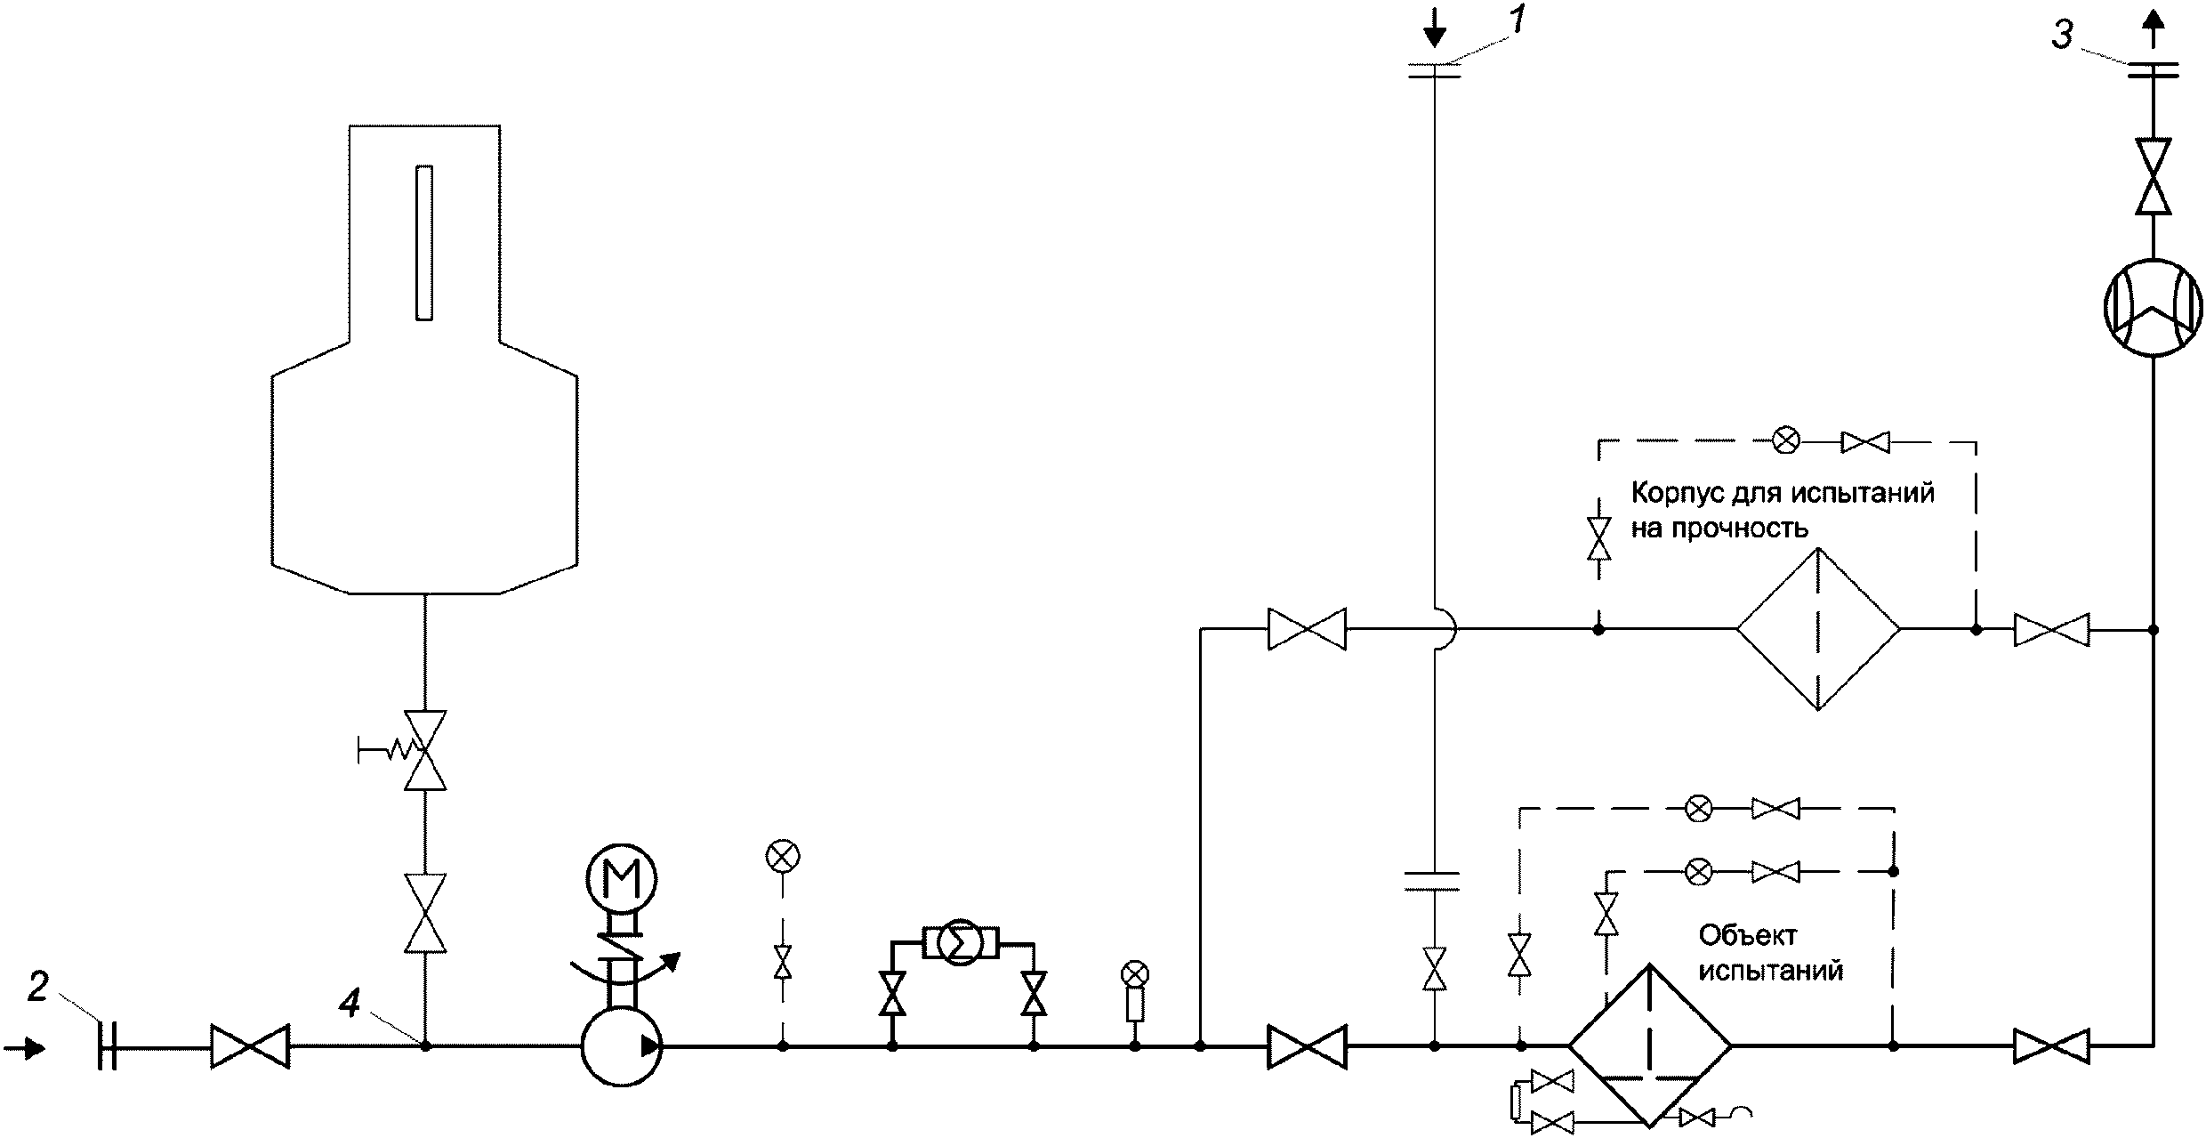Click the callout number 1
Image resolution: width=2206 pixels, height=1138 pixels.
click(1518, 20)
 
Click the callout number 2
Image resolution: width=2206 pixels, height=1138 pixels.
click(36, 988)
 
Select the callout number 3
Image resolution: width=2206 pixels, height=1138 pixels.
click(2062, 37)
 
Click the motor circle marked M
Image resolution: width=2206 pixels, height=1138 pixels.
click(621, 879)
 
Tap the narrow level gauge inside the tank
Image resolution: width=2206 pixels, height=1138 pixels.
click(424, 242)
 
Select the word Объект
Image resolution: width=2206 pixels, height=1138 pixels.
click(1735, 935)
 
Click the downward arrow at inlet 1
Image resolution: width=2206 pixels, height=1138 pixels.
click(1434, 32)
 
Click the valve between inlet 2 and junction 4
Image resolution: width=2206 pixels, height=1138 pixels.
click(250, 1046)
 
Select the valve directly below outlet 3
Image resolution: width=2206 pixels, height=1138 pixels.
click(2153, 176)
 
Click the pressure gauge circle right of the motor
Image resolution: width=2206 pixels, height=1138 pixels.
click(783, 856)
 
